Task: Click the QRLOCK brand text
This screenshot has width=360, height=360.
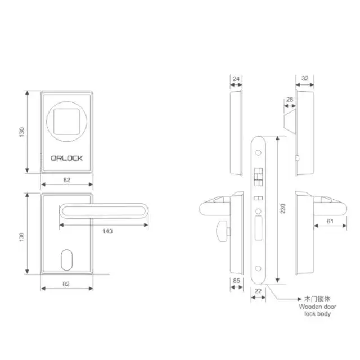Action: tap(66, 158)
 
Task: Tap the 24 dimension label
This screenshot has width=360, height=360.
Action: tap(236, 79)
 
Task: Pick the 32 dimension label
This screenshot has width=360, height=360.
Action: tap(304, 79)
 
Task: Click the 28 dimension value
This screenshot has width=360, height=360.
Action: tap(290, 100)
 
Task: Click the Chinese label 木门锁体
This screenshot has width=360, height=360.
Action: tap(314, 300)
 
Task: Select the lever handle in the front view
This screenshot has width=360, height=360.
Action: tap(104, 211)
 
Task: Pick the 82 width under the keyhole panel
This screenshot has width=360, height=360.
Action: tap(66, 284)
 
